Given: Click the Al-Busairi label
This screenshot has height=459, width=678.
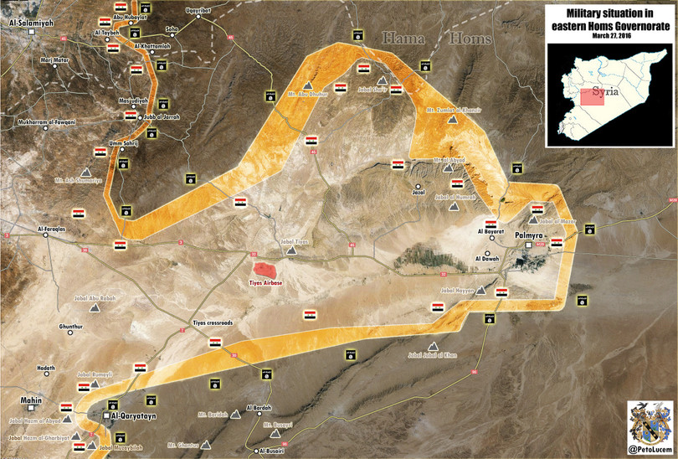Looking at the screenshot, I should pos(273,451).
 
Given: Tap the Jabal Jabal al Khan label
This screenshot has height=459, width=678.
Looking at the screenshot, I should pos(433,355).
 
